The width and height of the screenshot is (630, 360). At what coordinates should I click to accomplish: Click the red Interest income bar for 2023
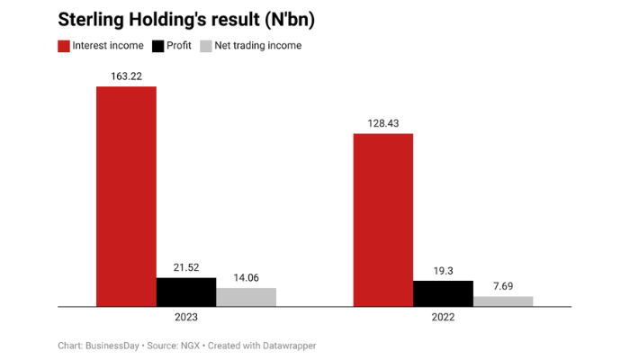(x=126, y=196)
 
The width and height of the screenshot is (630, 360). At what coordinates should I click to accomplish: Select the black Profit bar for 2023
(x=186, y=292)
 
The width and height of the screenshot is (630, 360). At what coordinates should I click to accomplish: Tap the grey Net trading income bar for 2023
(x=246, y=297)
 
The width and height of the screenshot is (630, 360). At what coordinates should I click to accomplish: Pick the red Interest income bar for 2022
(x=382, y=220)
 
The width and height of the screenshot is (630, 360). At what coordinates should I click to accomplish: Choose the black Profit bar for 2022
(x=443, y=293)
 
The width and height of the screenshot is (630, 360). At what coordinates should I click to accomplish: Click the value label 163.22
(x=126, y=76)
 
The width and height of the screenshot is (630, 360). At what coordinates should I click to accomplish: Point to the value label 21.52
(x=186, y=267)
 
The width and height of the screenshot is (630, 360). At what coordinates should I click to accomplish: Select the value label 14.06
(x=246, y=278)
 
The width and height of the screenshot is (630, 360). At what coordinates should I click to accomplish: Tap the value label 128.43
(x=382, y=123)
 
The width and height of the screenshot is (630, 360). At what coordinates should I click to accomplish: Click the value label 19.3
(x=443, y=270)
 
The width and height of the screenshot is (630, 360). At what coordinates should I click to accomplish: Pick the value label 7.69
(x=503, y=286)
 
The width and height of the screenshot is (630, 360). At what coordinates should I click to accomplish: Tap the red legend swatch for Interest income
(x=65, y=46)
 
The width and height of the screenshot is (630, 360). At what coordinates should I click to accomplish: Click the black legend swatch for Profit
(x=158, y=46)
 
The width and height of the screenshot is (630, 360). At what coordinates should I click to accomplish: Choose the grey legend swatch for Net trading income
(x=206, y=46)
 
